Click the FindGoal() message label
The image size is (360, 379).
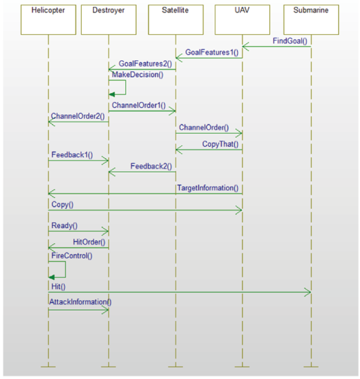[x=290, y=41]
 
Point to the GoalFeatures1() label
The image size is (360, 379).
[x=212, y=52]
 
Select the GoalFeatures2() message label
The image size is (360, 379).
[x=145, y=64]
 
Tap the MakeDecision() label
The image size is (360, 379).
[x=138, y=75]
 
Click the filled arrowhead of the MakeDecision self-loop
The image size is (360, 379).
[x=112, y=94]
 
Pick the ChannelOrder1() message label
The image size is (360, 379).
[x=138, y=106]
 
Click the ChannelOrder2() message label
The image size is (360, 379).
[x=78, y=116]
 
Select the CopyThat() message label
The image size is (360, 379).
[x=220, y=144]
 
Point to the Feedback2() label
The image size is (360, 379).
[x=151, y=166]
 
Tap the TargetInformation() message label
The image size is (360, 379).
[x=208, y=188]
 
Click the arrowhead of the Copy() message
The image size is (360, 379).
[x=239, y=210]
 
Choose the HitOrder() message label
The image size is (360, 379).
[x=89, y=242]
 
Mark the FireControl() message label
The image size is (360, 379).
[x=72, y=256]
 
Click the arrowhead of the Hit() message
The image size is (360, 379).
[x=308, y=292]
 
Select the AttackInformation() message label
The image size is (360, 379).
[x=80, y=302]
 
